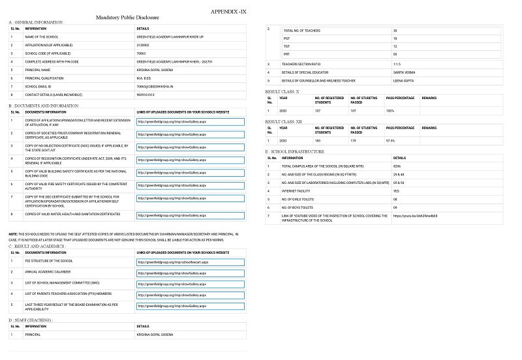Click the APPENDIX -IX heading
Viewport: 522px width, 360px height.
tap(229, 12)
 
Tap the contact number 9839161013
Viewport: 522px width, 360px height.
tap(147, 94)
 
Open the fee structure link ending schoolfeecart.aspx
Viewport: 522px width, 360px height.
tap(172, 262)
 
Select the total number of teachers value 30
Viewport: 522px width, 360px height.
tap(395, 31)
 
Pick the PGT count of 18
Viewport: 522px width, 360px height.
tap(395, 38)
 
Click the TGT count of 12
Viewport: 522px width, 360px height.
tap(395, 46)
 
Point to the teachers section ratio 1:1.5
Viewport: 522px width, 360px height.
tap(397, 64)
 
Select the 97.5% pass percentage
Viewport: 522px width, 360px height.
tap(391, 140)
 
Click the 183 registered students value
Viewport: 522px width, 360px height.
tap(318, 140)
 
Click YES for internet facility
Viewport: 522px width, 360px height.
tap(396, 190)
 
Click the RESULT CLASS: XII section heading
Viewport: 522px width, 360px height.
tap(284, 121)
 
